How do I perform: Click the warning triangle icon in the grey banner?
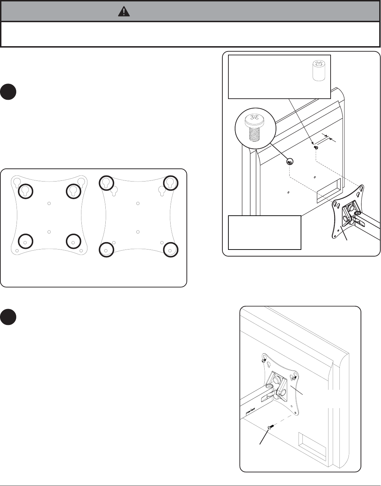pyautogui.click(x=124, y=12)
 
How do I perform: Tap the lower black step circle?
pyautogui.click(x=8, y=317)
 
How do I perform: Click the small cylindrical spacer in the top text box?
pyautogui.click(x=319, y=70)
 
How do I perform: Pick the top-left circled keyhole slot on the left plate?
pyautogui.click(x=25, y=191)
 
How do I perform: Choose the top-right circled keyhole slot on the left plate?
pyautogui.click(x=74, y=191)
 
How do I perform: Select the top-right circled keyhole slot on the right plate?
pyautogui.click(x=171, y=183)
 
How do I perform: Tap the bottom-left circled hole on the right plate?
pyautogui.click(x=106, y=250)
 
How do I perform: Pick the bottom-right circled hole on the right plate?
pyautogui.click(x=171, y=250)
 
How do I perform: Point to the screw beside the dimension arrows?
pyautogui.click(x=316, y=148)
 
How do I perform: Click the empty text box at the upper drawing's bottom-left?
pyautogui.click(x=264, y=233)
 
